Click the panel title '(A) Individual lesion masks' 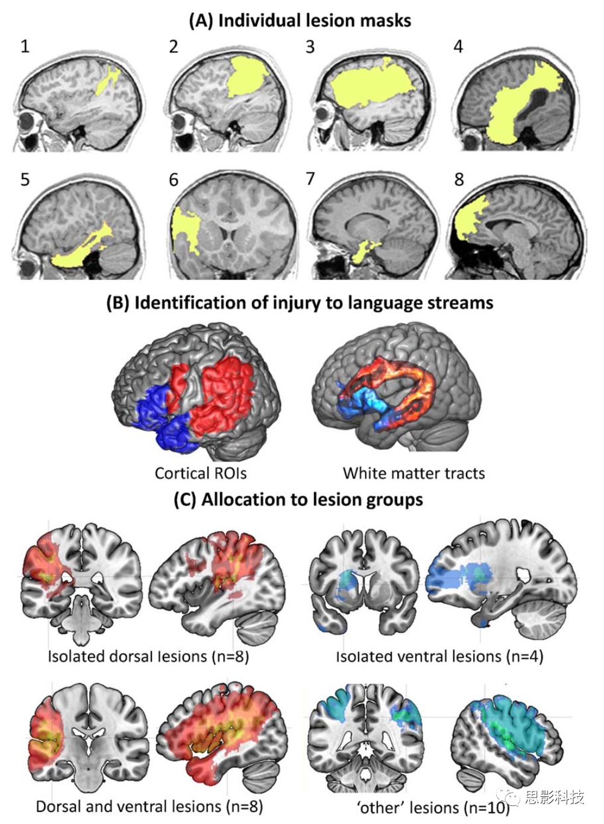point(300,21)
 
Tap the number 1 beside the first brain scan point(25,46)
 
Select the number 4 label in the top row point(458,46)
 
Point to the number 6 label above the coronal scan point(174,180)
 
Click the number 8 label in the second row point(459,179)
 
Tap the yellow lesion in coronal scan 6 point(185,229)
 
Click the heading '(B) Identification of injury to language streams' point(300,302)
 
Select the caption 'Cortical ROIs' point(200,473)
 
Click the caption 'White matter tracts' point(414,473)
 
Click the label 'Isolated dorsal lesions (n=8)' point(148,656)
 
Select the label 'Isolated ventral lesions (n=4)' point(439,656)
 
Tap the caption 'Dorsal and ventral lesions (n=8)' point(149,807)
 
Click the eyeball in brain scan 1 point(27,122)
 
